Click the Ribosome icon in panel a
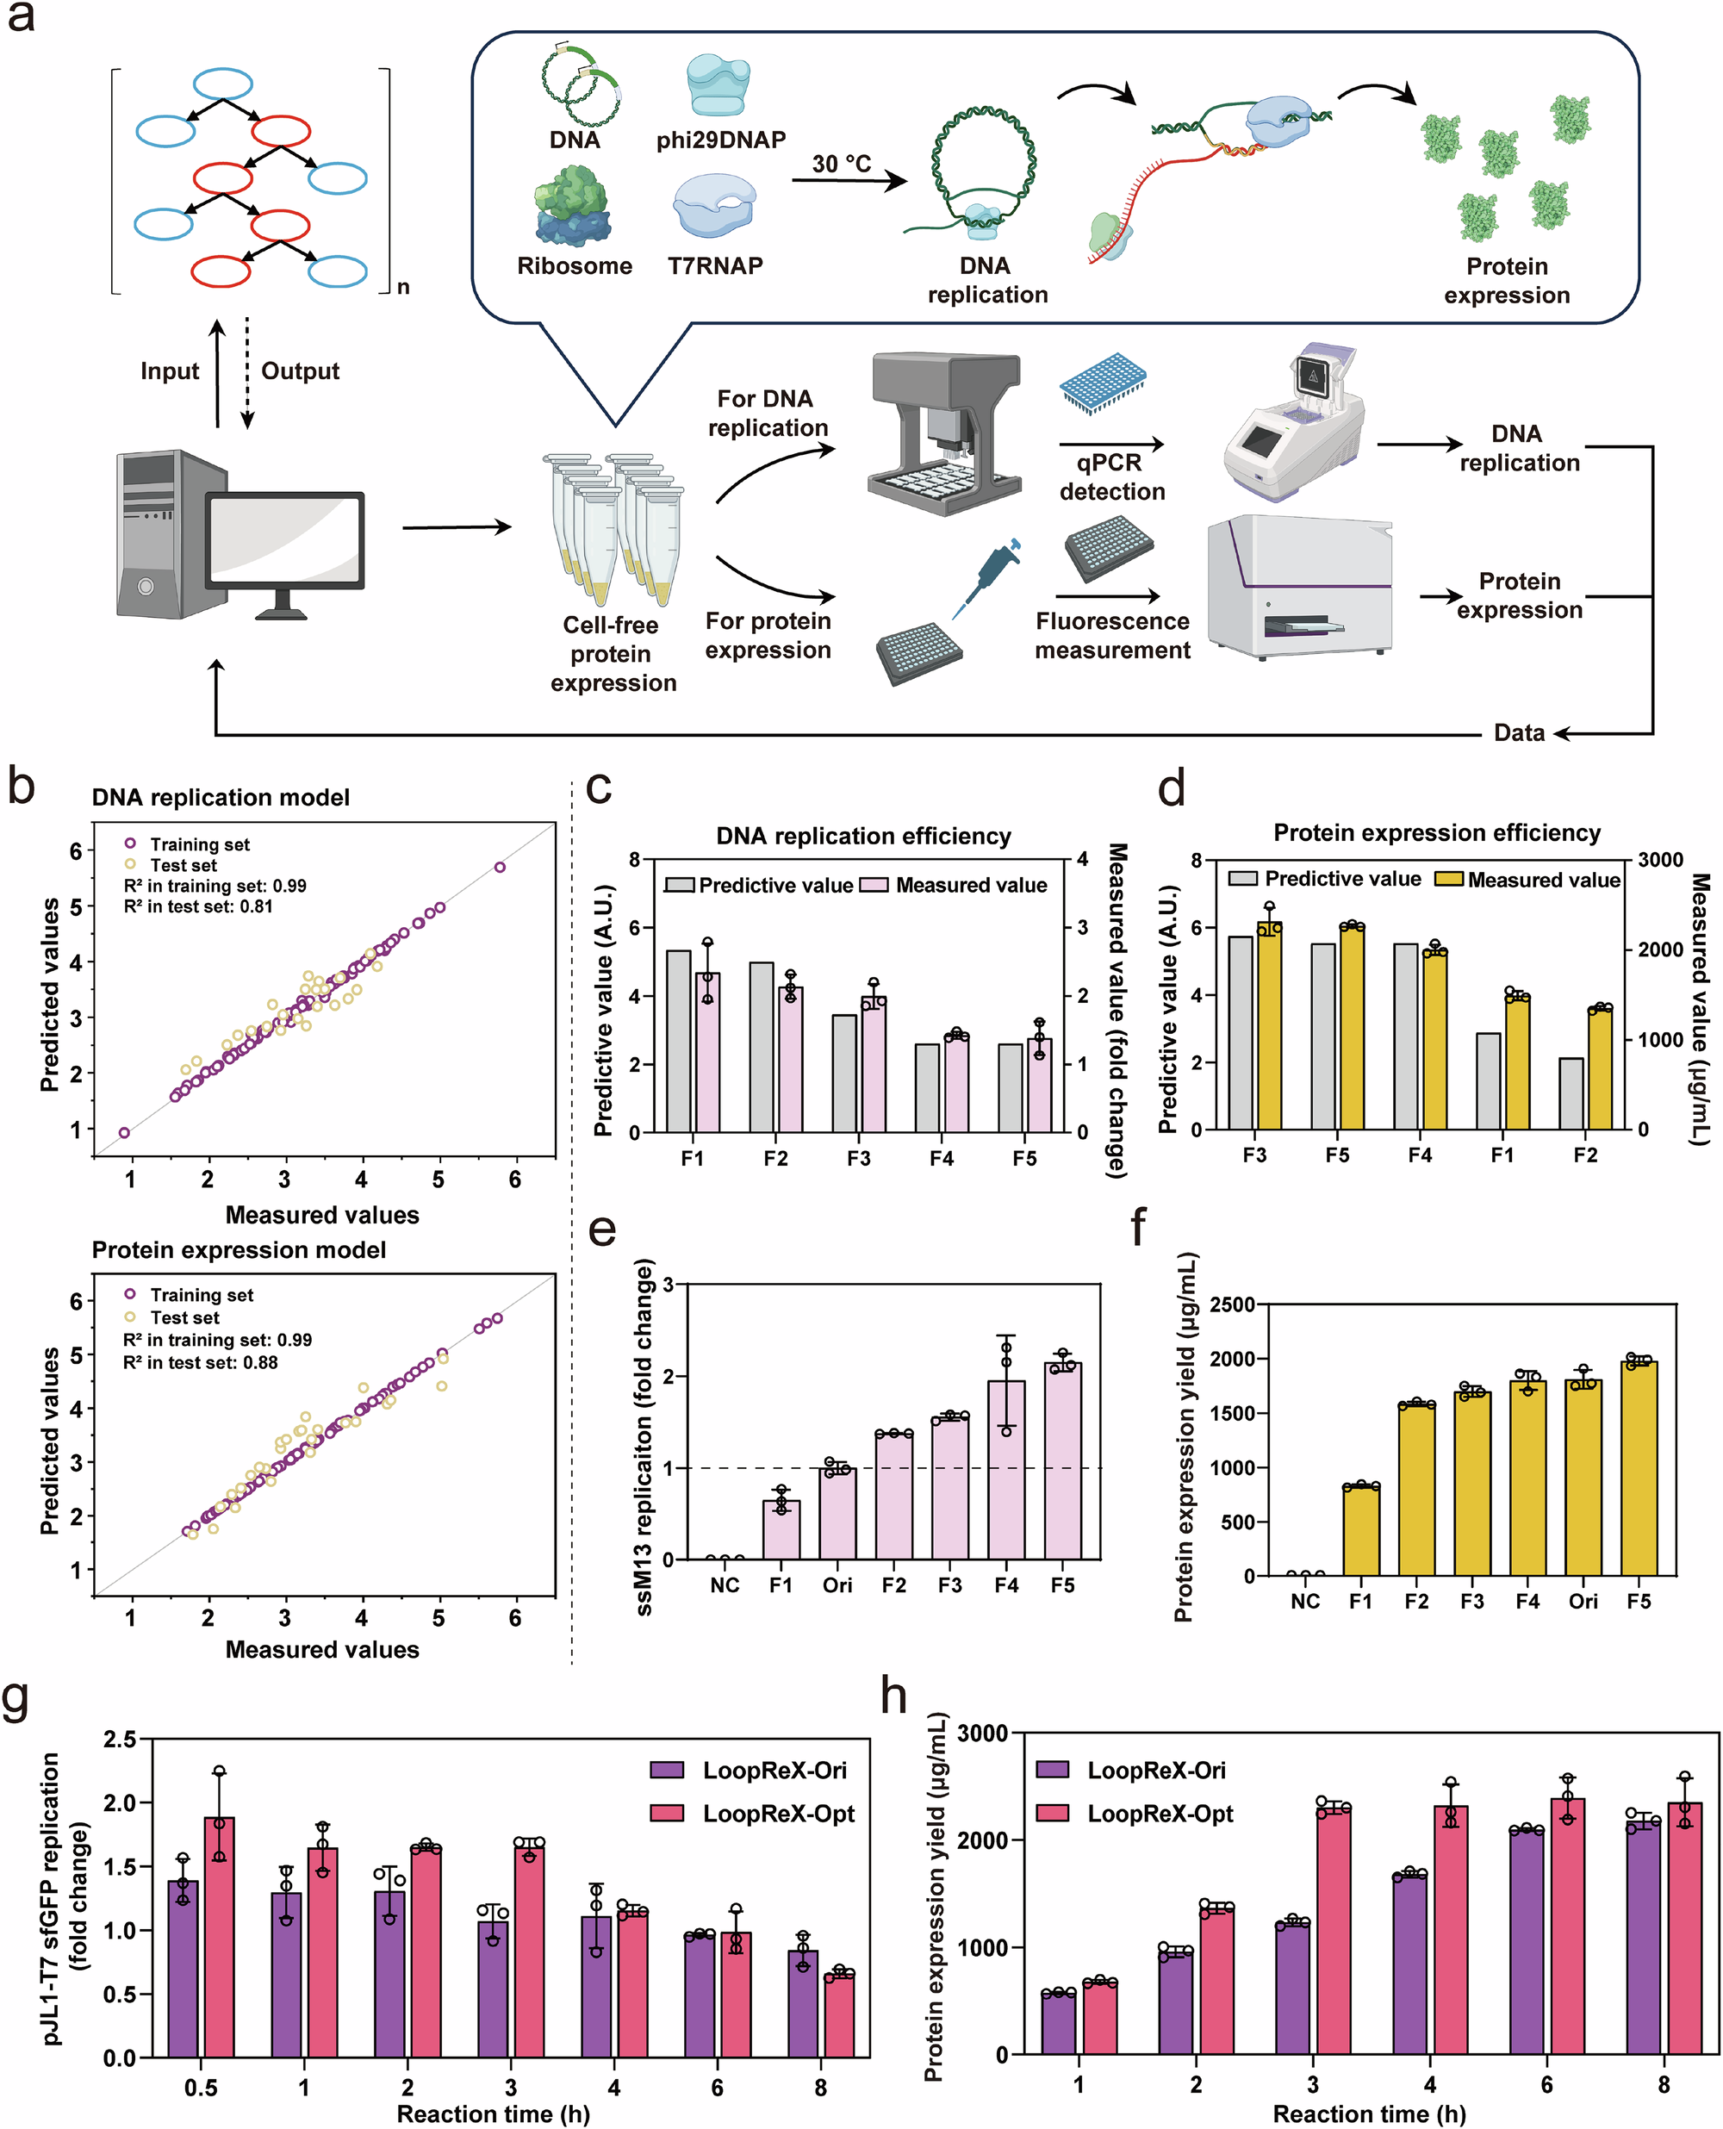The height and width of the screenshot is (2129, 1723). click(574, 205)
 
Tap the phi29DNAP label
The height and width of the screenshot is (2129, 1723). click(720, 140)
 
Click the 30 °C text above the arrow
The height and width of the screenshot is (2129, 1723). click(841, 164)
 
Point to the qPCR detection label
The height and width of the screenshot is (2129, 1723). click(1111, 477)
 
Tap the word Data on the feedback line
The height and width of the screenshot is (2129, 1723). click(1519, 732)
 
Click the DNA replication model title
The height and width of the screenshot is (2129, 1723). click(221, 797)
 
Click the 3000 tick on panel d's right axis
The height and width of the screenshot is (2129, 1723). click(1659, 860)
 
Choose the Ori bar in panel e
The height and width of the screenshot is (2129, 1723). click(837, 1513)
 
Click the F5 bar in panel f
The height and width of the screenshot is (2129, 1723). click(1639, 1469)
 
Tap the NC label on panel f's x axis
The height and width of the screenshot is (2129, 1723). click(1305, 1601)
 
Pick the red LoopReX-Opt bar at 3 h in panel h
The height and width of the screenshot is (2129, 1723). click(1334, 1931)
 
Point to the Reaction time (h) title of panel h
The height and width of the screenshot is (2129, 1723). click(1369, 2114)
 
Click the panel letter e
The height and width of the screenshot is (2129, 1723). click(602, 1229)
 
